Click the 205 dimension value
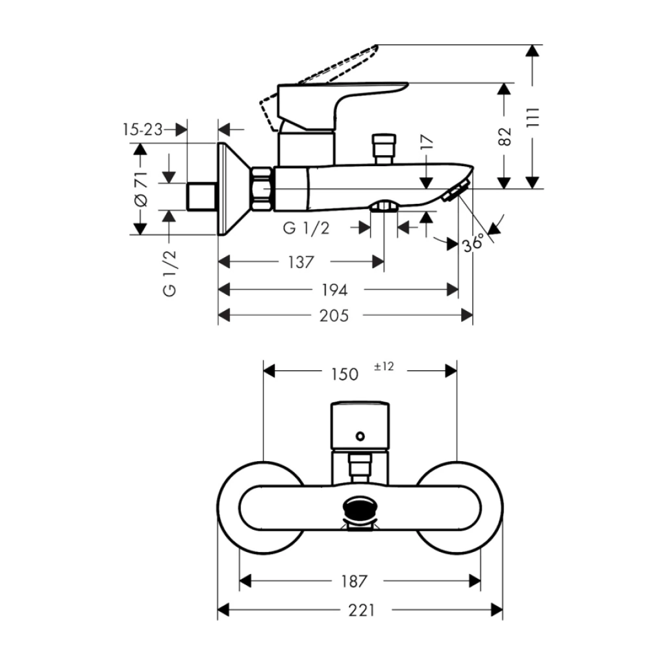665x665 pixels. click(334, 316)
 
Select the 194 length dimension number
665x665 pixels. click(334, 290)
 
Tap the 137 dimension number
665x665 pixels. click(301, 262)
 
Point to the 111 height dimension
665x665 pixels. click(533, 117)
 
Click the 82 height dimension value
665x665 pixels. click(504, 136)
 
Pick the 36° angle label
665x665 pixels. click(473, 243)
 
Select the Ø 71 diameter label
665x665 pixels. click(141, 189)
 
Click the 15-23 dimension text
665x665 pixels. click(142, 129)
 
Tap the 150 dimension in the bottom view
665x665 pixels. click(344, 375)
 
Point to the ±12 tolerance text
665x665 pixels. click(384, 366)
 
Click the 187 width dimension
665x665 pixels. click(354, 581)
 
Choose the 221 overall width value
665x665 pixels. click(362, 610)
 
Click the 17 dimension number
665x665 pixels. click(427, 141)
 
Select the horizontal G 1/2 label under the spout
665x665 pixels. click(306, 228)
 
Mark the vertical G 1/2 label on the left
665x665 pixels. click(169, 273)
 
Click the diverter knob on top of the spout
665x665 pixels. click(384, 149)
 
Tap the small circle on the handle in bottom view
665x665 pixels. click(360, 436)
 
